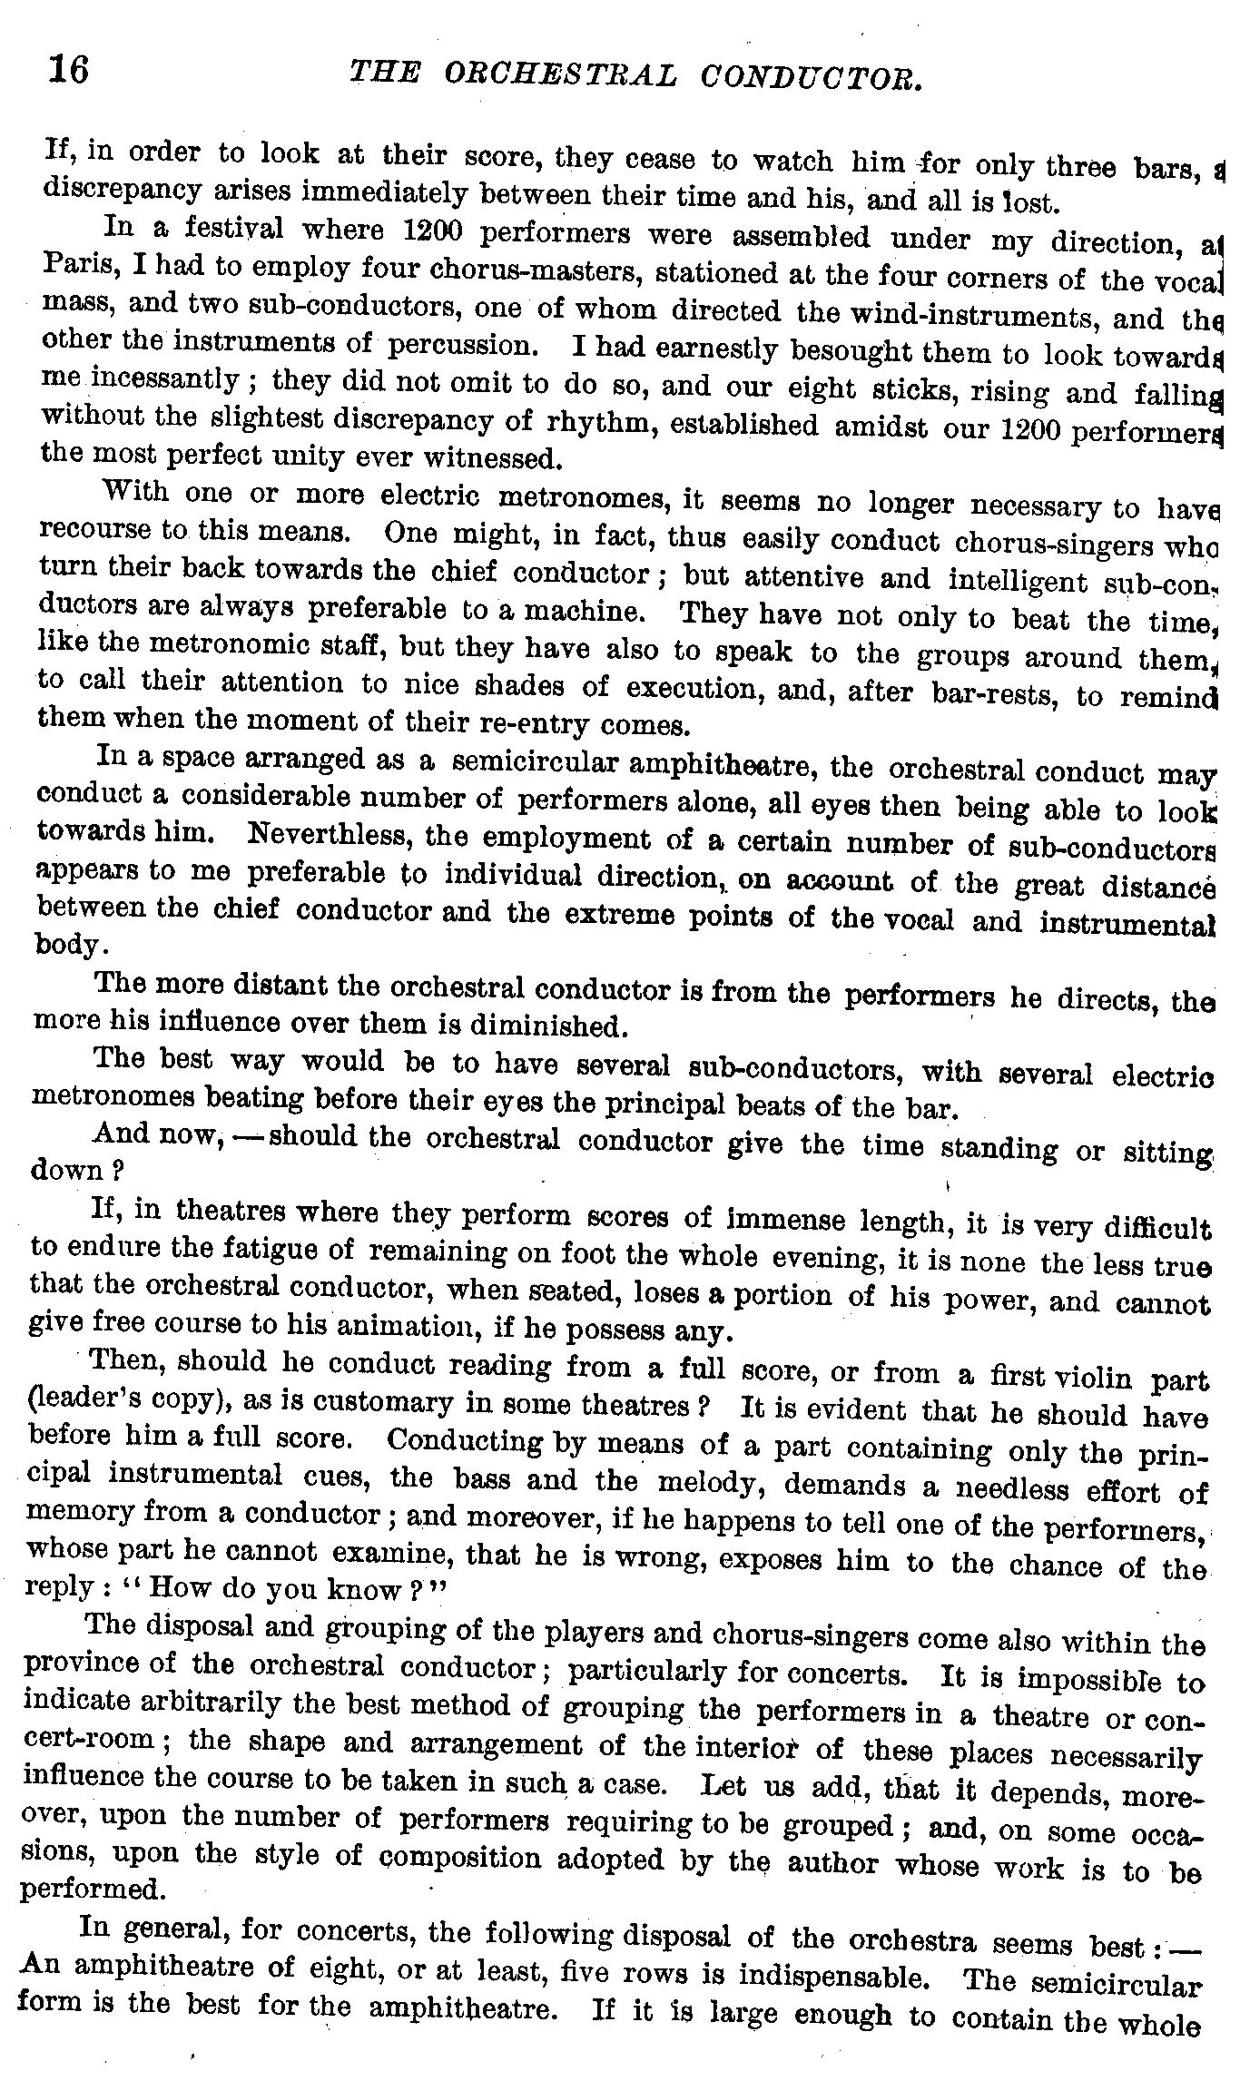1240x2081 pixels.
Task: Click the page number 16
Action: pyautogui.click(x=69, y=69)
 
